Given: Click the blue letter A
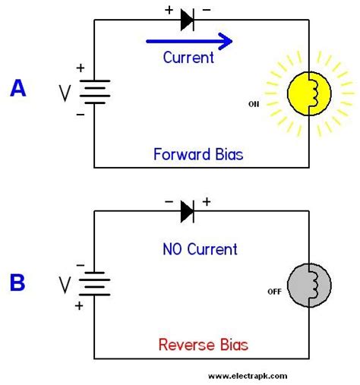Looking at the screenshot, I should (x=17, y=90).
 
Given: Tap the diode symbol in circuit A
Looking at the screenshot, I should (x=188, y=21).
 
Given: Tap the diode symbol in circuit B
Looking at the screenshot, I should (x=188, y=212).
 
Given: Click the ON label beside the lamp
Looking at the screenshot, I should (x=254, y=104).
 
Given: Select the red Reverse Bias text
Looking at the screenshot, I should (x=203, y=346).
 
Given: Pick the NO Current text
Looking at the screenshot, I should (x=200, y=249).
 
